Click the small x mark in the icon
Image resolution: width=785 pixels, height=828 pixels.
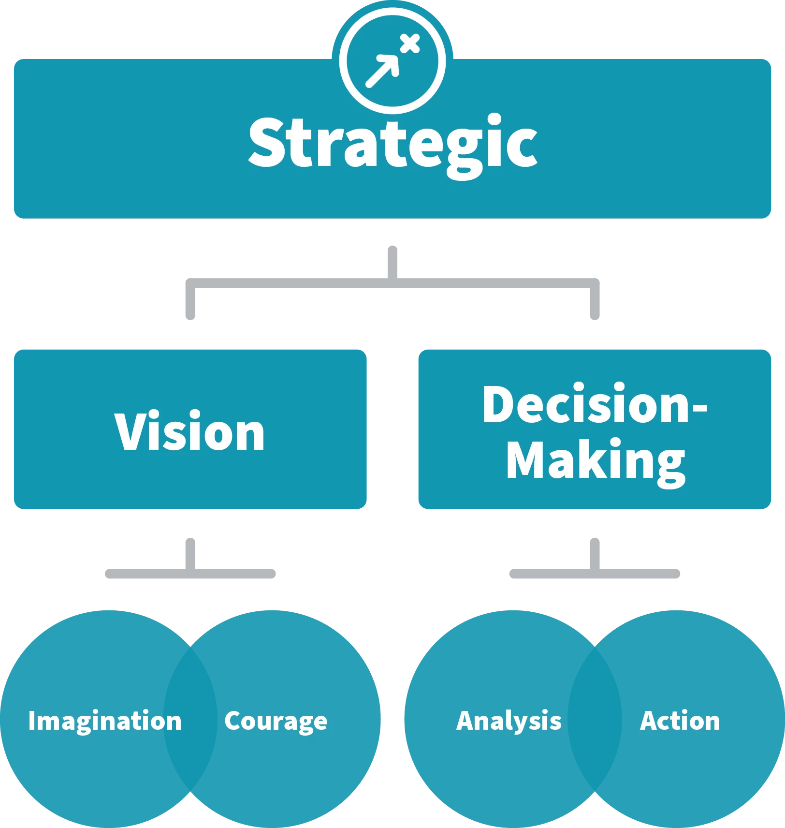tap(410, 44)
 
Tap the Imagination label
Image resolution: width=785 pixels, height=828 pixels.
tap(105, 721)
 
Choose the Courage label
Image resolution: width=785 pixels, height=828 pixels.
tap(276, 721)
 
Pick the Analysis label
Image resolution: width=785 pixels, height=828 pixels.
tap(509, 721)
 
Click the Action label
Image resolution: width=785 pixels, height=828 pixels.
tap(680, 721)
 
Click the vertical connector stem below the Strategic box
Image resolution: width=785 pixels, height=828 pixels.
tap(392, 259)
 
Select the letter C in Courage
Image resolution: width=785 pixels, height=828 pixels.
tap(233, 721)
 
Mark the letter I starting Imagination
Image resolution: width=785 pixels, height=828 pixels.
tap(32, 721)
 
